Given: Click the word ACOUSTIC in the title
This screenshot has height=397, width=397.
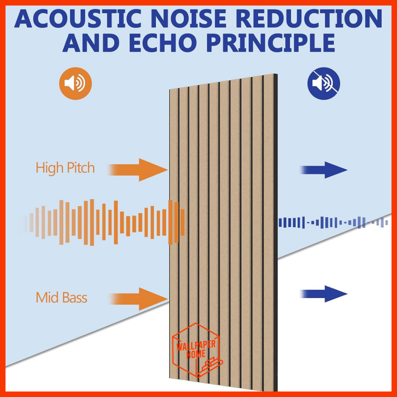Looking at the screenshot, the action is [78, 19].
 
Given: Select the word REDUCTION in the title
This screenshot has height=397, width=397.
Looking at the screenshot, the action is [310, 19].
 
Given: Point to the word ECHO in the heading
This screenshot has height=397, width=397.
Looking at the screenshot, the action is [163, 43].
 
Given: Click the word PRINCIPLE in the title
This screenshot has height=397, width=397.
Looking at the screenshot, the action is [271, 43].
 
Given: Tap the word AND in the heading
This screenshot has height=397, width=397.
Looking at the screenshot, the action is [91, 43].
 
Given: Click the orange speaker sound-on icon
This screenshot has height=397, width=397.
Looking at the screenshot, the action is [76, 83].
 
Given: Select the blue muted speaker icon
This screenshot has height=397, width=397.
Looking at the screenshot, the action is [324, 83].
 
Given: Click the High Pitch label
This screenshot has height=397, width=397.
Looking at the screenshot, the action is [65, 168].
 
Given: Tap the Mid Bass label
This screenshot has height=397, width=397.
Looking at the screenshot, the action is [62, 297].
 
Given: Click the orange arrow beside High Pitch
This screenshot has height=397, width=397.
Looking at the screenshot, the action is [138, 170].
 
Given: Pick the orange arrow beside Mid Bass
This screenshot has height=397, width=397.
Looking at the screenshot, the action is [138, 299].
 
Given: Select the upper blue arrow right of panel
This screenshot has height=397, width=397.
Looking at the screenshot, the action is [324, 170].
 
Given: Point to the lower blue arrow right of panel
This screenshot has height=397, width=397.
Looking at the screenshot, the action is [324, 294].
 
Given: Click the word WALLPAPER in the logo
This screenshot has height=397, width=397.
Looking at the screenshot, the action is [196, 345].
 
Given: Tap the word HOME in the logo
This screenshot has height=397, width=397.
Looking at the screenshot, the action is [196, 354].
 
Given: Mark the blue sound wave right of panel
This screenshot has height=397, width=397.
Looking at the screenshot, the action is [333, 223].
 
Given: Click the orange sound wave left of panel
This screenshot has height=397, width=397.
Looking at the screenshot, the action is [101, 223].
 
